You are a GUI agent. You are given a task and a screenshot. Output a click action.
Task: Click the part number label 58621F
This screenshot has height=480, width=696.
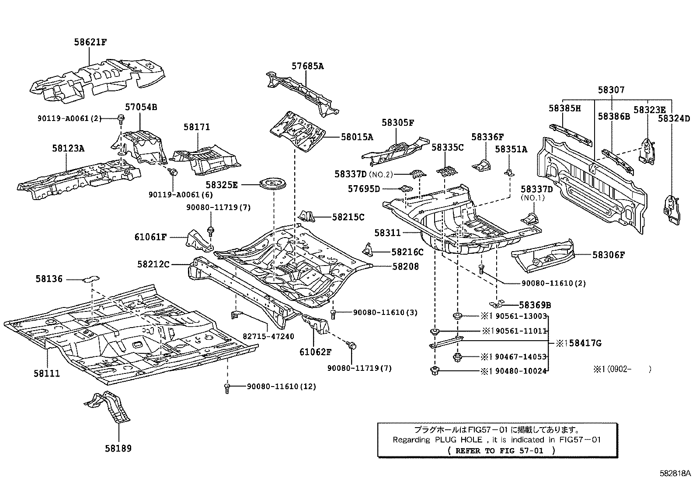[90, 42]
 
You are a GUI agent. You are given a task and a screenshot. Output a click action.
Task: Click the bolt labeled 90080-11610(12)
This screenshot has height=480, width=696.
[226, 387]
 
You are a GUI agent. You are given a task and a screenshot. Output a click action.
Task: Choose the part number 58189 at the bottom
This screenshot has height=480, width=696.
[118, 448]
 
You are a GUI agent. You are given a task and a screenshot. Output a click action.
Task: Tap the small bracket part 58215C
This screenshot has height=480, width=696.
[307, 216]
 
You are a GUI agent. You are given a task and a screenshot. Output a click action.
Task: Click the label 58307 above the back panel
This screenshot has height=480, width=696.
[611, 90]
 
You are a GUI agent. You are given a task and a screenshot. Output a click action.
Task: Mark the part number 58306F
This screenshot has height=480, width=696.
[609, 255]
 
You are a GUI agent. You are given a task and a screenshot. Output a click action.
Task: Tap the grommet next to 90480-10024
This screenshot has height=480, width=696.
[435, 371]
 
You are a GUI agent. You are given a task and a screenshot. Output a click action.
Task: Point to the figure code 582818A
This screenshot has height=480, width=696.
[675, 473]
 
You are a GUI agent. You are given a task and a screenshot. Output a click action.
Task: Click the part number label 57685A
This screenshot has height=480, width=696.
[308, 66]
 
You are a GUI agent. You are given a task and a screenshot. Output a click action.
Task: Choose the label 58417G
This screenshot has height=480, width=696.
[582, 343]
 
